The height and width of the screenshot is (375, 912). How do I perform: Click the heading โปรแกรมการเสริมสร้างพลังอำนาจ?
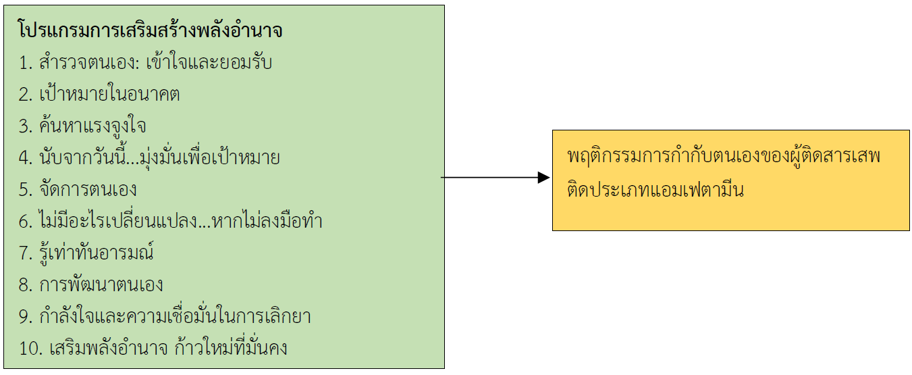[151, 32]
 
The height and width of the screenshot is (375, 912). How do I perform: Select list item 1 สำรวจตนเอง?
[145, 64]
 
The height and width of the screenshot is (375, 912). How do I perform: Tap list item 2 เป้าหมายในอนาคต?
[99, 95]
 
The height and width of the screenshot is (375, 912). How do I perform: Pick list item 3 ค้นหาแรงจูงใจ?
[83, 126]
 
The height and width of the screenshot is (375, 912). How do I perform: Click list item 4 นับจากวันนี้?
[149, 159]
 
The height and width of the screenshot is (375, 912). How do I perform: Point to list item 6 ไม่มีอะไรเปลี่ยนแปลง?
[170, 222]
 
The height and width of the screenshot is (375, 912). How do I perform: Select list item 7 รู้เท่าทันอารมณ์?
[86, 253]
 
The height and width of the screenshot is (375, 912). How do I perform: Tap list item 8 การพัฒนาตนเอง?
[91, 284]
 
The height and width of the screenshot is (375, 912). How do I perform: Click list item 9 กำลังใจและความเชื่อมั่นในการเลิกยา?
[165, 316]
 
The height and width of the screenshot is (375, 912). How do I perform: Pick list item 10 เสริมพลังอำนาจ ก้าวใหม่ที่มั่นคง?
[153, 349]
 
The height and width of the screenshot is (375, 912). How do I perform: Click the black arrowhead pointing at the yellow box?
[543, 178]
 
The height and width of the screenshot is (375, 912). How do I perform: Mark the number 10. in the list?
[30, 349]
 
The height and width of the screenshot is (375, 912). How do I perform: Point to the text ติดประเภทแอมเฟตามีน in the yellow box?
[655, 191]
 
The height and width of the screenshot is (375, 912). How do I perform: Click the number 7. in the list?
[25, 253]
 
